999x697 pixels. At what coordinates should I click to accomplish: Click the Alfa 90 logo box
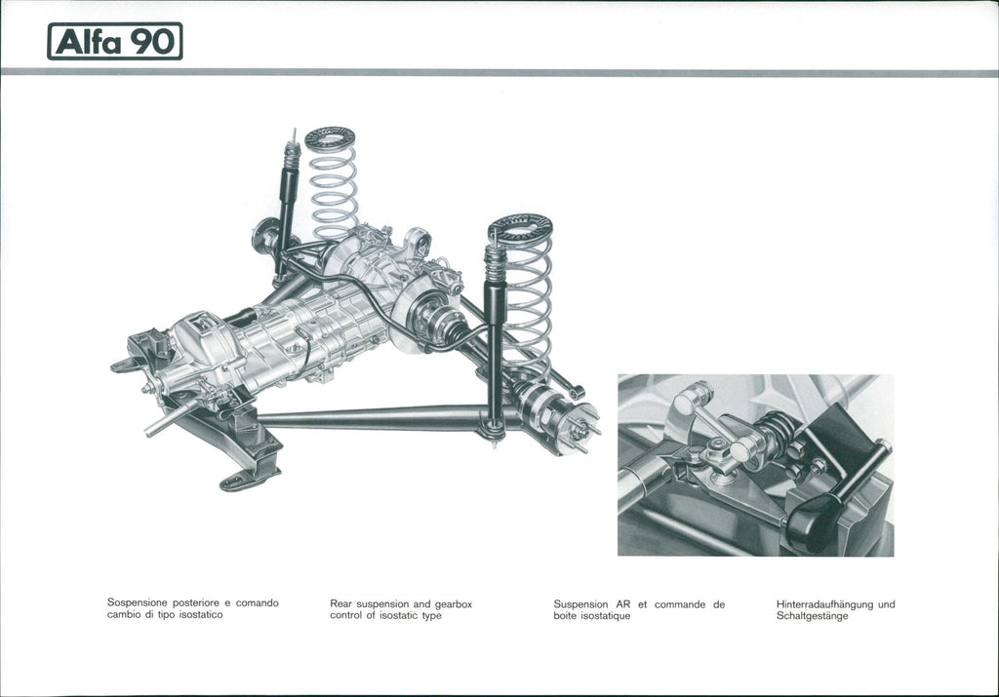pyautogui.click(x=115, y=41)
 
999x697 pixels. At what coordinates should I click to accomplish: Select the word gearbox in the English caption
pyautogui.click(x=453, y=604)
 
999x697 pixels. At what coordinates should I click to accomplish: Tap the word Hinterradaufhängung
pyautogui.click(x=820, y=604)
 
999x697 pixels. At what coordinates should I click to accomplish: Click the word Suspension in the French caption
pyautogui.click(x=580, y=604)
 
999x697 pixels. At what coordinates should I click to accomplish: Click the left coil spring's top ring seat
pyautogui.click(x=330, y=136)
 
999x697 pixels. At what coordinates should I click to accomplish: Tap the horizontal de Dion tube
pyautogui.click(x=376, y=418)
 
